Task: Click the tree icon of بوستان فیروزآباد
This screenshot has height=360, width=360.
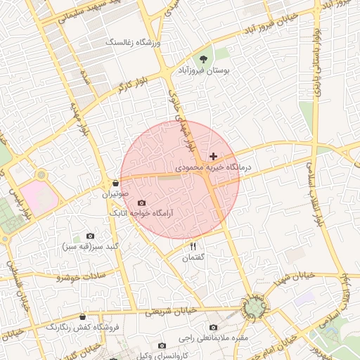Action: click(x=204, y=59)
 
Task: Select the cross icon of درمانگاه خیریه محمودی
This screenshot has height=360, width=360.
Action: click(x=213, y=155)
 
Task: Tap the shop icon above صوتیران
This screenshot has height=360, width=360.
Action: click(x=115, y=182)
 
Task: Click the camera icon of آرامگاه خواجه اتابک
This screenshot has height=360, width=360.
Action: click(x=141, y=202)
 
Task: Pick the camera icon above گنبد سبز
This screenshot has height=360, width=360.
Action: click(x=90, y=236)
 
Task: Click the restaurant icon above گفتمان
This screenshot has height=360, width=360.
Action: click(x=193, y=246)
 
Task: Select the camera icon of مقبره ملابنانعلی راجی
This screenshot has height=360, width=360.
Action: click(x=214, y=327)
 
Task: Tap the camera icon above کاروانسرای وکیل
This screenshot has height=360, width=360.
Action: click(x=162, y=345)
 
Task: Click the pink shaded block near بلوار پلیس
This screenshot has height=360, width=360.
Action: click(x=38, y=196)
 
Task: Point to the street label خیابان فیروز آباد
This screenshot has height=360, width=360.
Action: click(x=270, y=27)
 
